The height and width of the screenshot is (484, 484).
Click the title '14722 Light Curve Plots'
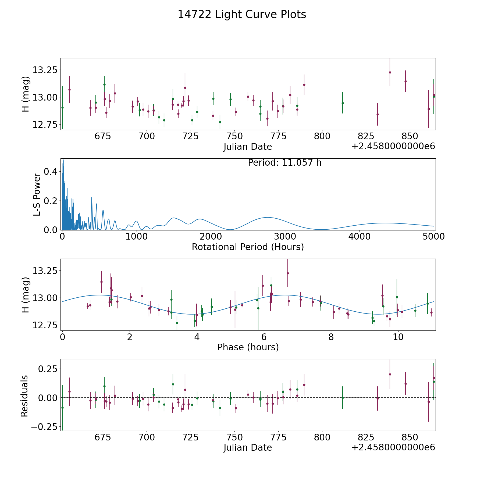[242, 15]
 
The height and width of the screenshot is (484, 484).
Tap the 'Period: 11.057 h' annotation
[284, 163]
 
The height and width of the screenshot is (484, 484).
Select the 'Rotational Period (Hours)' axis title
[248, 247]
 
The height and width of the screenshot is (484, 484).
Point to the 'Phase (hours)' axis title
[248, 347]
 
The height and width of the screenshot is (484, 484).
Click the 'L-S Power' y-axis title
[37, 194]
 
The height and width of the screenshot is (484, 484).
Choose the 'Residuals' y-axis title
[24, 396]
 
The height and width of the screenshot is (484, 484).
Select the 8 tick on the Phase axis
[331, 337]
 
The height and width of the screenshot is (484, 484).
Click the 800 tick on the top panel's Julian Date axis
[322, 136]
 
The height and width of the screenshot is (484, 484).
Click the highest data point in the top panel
[390, 72]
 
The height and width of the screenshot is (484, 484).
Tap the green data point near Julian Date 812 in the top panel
[343, 103]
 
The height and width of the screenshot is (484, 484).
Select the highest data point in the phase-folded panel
[288, 273]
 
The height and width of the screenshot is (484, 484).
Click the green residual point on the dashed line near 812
[343, 398]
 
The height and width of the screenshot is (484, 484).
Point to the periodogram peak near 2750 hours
[267, 217]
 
